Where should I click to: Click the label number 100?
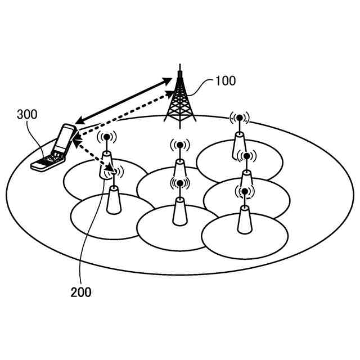[x=226, y=81]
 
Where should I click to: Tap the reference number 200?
[x=81, y=292]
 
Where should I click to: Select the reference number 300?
[x=27, y=115]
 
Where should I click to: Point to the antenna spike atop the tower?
[x=179, y=70]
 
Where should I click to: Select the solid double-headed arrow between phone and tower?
[x=124, y=101]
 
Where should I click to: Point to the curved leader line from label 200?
[x=90, y=236]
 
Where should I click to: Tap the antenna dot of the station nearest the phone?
[x=106, y=137]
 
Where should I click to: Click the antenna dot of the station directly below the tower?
[x=179, y=145]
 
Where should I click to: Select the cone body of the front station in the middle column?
[x=179, y=211]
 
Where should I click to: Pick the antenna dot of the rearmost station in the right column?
[x=239, y=118]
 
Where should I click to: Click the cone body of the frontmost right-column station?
[x=244, y=220]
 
